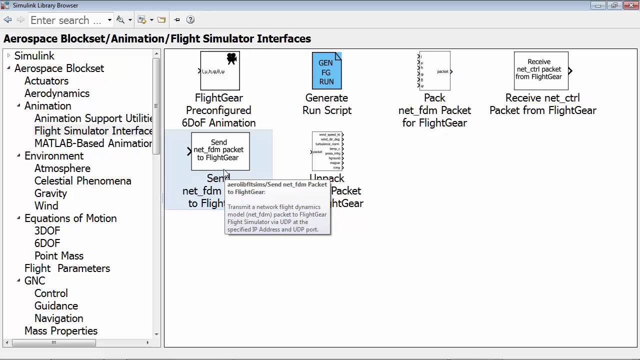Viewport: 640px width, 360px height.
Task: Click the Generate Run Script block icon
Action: (x=326, y=71)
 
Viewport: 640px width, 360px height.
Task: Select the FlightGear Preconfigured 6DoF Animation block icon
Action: (x=220, y=71)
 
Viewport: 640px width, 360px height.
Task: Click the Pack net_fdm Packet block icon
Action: (x=434, y=71)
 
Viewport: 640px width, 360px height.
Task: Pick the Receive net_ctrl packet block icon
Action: (x=541, y=70)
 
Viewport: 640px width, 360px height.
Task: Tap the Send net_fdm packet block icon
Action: (x=220, y=151)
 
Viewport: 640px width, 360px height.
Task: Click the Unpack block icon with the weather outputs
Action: (x=327, y=151)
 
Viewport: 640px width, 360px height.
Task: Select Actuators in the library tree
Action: (x=46, y=81)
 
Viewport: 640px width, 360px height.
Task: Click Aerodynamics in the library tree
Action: (x=57, y=93)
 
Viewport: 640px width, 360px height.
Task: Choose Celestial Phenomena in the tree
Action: (x=82, y=181)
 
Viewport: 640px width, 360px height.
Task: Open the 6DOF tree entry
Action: (x=47, y=243)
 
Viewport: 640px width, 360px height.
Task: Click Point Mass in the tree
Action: (x=58, y=256)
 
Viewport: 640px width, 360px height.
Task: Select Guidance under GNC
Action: (x=56, y=306)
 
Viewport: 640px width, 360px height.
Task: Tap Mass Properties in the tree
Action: (x=61, y=331)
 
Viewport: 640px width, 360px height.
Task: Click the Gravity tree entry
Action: (x=50, y=193)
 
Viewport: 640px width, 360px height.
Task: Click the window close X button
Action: (x=628, y=5)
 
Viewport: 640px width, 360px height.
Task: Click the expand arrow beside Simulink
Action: (x=8, y=56)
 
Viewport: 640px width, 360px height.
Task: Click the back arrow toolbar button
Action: (x=7, y=20)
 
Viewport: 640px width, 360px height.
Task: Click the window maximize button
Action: (x=614, y=5)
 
